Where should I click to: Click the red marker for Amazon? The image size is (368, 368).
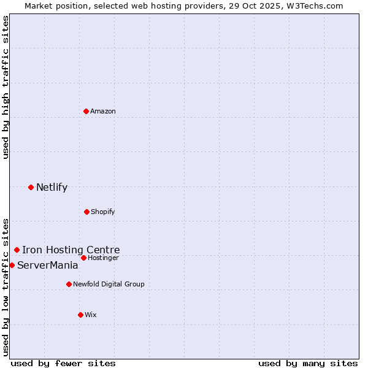pyautogui.click(x=86, y=111)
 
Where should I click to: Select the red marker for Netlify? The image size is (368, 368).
pyautogui.click(x=31, y=187)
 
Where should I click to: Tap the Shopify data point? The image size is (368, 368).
pyautogui.click(x=86, y=212)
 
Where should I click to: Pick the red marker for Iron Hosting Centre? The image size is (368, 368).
pyautogui.click(x=17, y=250)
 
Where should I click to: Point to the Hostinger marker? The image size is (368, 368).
pyautogui.click(x=83, y=258)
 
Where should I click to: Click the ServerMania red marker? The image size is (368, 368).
pyautogui.click(x=12, y=265)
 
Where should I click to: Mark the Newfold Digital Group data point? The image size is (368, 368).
pyautogui.click(x=69, y=284)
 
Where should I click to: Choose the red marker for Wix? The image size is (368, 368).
pyautogui.click(x=80, y=315)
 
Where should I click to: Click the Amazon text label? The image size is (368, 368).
pyautogui.click(x=103, y=111)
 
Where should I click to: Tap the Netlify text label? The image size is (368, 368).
pyautogui.click(x=52, y=188)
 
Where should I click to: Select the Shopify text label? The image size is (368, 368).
pyautogui.click(x=102, y=212)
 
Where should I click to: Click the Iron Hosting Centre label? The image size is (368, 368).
pyautogui.click(x=71, y=250)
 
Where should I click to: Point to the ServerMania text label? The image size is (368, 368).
pyautogui.click(x=47, y=266)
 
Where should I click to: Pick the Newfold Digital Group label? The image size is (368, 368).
pyautogui.click(x=109, y=284)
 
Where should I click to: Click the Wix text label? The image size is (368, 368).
pyautogui.click(x=91, y=315)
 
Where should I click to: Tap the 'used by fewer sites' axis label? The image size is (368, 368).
pyautogui.click(x=63, y=363)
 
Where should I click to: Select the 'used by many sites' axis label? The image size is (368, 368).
pyautogui.click(x=308, y=363)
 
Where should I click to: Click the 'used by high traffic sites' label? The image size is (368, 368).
pyautogui.click(x=6, y=87)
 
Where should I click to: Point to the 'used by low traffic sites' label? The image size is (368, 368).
pyautogui.click(x=6, y=286)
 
